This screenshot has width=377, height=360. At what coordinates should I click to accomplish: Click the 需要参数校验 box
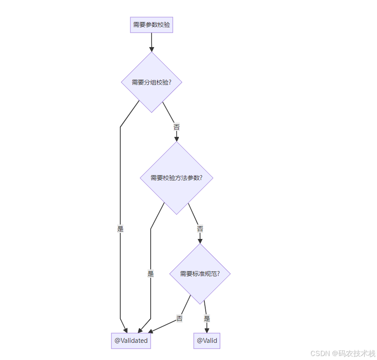click(152, 25)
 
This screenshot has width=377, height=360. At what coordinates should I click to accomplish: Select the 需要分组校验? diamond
click(152, 82)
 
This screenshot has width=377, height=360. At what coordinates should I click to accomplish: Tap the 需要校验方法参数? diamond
click(176, 178)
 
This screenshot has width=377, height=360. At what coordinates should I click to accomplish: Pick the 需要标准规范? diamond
click(200, 273)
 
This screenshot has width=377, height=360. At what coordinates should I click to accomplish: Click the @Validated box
click(131, 341)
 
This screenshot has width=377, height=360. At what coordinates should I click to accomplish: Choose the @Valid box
click(207, 341)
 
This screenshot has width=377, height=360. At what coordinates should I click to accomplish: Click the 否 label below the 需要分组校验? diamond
click(177, 127)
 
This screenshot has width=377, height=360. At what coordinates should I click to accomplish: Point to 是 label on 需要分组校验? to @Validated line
click(120, 229)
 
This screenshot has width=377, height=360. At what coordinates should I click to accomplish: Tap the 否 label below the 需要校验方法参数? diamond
click(200, 229)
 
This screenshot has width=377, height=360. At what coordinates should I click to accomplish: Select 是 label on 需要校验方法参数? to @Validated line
click(151, 273)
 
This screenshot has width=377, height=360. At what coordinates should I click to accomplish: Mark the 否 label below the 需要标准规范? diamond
click(179, 319)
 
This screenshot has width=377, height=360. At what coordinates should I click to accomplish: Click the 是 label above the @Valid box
click(207, 319)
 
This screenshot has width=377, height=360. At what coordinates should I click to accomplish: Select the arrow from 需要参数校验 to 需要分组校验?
click(152, 42)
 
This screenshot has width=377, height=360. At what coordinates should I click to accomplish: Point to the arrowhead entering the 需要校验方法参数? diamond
click(177, 138)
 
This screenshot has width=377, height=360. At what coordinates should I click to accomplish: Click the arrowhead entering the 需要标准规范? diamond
click(200, 240)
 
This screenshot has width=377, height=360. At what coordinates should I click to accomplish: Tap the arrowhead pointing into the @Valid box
click(207, 330)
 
